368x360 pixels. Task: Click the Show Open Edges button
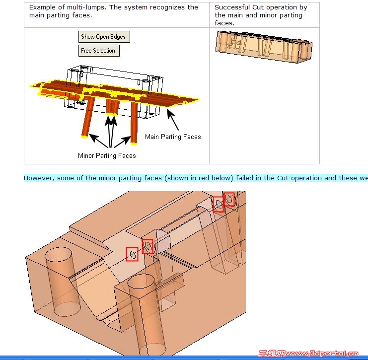click(104, 37)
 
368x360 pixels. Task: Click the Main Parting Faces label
click(173, 137)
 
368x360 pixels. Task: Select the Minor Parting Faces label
click(107, 155)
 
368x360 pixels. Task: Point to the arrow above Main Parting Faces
click(173, 120)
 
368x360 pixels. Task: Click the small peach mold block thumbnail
click(264, 47)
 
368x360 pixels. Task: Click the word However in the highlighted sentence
click(39, 178)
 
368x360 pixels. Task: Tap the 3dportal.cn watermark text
click(308, 353)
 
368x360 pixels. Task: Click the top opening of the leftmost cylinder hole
click(59, 254)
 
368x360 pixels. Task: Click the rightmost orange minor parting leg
click(134, 122)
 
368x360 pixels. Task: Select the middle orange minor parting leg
click(113, 107)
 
